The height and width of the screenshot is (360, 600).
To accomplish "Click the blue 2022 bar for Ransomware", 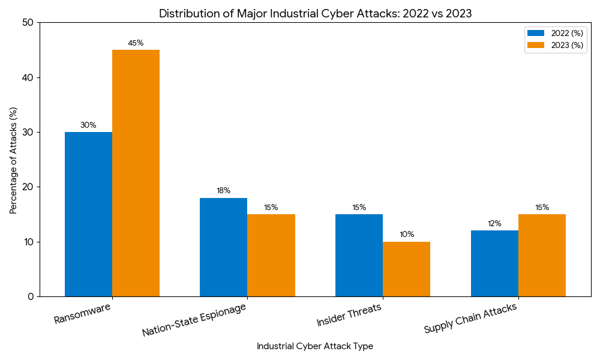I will click(88, 214).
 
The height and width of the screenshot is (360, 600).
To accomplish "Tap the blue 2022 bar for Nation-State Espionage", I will click(223, 247).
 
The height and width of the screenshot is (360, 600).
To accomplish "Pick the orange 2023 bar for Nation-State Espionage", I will click(271, 255).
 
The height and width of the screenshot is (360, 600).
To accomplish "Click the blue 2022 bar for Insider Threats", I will click(359, 255).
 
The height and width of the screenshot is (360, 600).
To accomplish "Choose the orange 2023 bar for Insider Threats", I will click(406, 269).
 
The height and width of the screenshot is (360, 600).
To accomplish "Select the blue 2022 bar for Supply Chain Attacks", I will click(494, 263).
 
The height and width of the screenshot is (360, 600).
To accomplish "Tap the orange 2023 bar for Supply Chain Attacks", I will click(542, 255).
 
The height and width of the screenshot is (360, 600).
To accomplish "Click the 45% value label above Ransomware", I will click(136, 43).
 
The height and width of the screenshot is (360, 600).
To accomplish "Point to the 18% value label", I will click(223, 191).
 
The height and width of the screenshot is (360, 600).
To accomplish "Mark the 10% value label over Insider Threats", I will click(407, 235).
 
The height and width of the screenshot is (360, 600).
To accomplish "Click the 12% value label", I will click(494, 224).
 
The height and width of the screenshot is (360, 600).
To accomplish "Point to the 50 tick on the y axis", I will click(28, 23).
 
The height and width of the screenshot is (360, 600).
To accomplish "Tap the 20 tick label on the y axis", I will click(28, 187).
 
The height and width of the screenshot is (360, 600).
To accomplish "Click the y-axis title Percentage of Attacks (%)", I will click(13, 160).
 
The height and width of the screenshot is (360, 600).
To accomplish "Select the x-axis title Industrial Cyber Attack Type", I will click(314, 346).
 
